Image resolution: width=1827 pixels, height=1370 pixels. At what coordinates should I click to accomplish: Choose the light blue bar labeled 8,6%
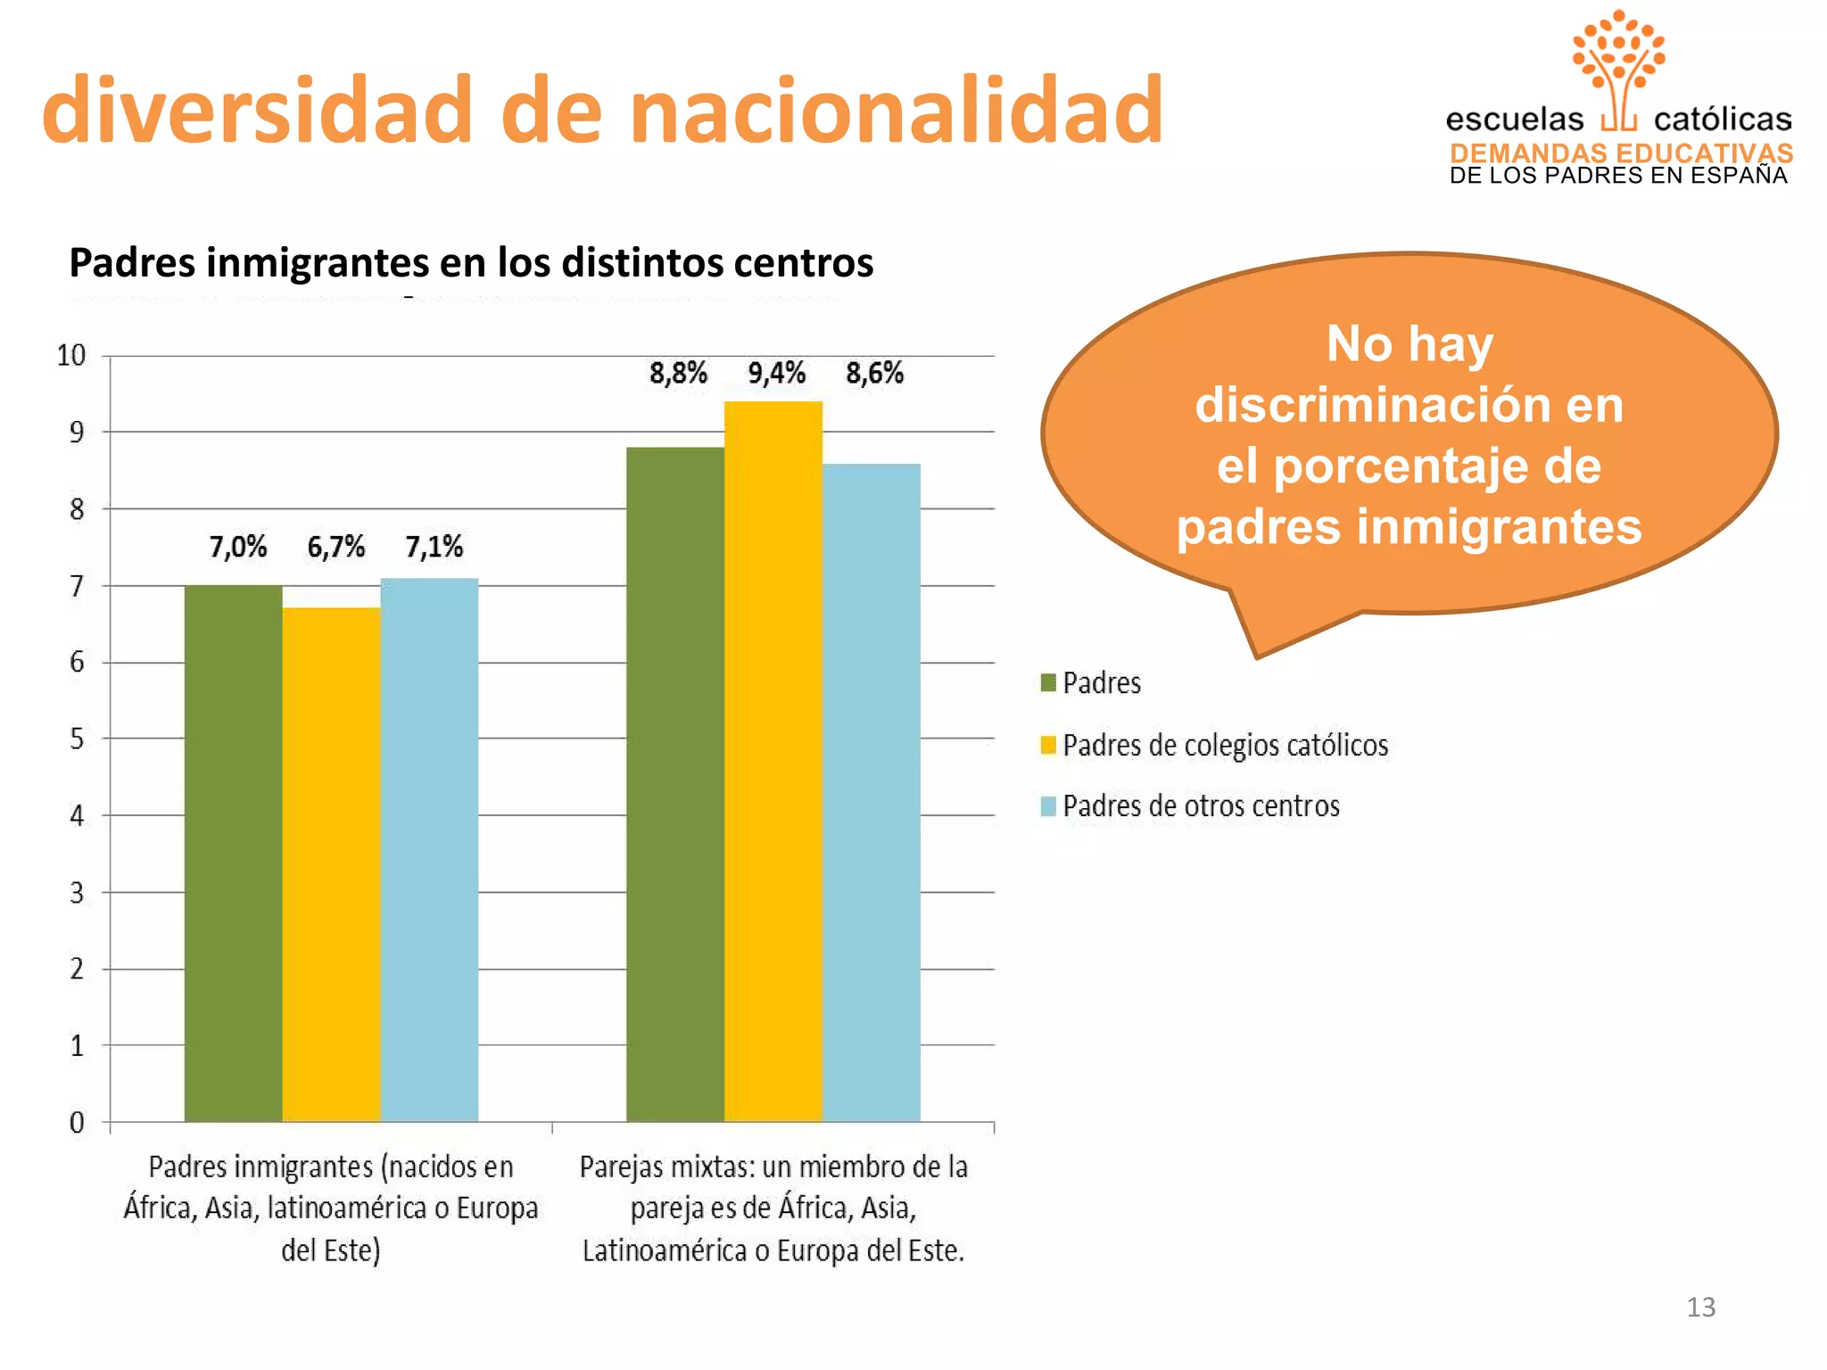click(x=871, y=792)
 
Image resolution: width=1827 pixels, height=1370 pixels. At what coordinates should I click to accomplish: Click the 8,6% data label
click(x=874, y=373)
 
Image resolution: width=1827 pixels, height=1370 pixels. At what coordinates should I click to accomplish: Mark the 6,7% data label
click(x=335, y=547)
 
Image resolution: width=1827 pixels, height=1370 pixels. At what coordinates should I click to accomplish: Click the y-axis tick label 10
click(x=71, y=356)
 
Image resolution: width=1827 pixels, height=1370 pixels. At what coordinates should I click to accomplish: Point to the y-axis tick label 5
click(x=77, y=739)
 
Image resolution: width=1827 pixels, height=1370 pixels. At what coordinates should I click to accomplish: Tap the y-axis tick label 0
click(x=77, y=1122)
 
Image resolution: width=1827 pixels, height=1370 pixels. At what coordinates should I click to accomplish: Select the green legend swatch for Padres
click(x=1048, y=683)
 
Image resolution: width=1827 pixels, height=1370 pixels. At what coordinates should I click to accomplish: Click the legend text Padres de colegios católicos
click(x=1225, y=745)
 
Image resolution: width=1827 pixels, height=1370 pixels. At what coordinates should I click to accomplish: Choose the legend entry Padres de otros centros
click(x=1201, y=806)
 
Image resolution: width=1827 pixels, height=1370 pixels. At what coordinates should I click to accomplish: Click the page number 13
click(x=1700, y=1307)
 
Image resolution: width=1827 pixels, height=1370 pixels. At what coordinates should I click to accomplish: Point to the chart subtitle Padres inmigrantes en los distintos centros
click(x=471, y=263)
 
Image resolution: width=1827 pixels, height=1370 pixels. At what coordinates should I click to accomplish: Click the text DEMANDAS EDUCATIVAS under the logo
click(x=1621, y=153)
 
